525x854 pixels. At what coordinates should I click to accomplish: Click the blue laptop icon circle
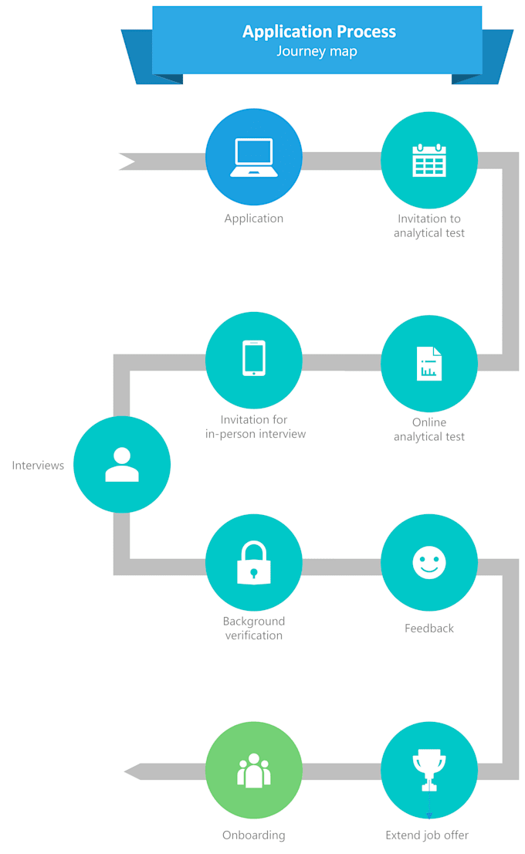coord(253,158)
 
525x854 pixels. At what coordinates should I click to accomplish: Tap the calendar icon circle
coord(429,161)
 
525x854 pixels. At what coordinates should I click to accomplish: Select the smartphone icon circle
coord(253,360)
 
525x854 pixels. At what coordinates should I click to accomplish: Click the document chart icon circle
coord(429,364)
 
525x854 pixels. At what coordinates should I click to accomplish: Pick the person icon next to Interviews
coord(122,465)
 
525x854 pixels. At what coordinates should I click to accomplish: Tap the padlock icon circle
coord(253,562)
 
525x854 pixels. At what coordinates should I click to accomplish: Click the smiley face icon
coord(429,562)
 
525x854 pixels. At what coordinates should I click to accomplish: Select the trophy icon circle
coord(429,770)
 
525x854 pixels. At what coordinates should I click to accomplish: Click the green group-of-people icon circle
coord(253,770)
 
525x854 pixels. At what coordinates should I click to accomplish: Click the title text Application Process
coord(319,32)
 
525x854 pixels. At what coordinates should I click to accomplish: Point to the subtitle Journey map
coord(317,53)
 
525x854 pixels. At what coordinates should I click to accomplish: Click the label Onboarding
coord(253,835)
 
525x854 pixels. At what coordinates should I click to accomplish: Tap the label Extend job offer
coord(427,835)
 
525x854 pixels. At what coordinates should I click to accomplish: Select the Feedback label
coord(429,629)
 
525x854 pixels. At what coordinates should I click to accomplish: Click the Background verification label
coord(253,629)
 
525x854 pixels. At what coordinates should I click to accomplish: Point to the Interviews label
coord(38,466)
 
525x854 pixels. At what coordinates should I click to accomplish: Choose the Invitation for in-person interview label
coord(256,427)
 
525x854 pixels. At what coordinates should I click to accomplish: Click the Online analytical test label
coord(429,429)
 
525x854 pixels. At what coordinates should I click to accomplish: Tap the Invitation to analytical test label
coord(429,225)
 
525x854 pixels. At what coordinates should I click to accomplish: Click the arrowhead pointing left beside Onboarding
coord(134,771)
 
